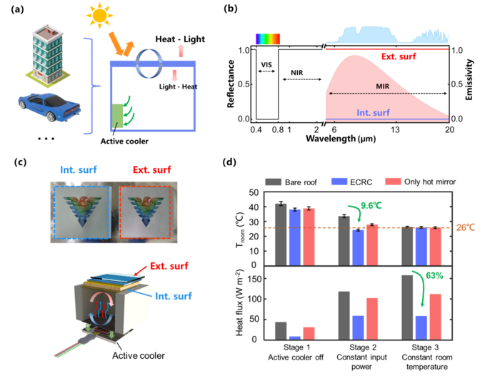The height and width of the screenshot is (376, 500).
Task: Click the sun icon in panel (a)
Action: click(100, 15)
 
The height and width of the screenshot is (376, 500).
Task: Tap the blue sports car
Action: click(49, 107)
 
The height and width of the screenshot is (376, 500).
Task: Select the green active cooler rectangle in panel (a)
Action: click(117, 116)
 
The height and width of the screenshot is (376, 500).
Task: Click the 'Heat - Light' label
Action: click(180, 39)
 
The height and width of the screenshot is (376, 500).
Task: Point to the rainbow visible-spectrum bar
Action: click(268, 39)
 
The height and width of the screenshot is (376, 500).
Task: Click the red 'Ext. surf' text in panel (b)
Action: click(399, 56)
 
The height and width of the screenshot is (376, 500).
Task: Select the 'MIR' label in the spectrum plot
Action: click(382, 86)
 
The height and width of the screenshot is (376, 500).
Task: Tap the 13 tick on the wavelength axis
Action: click(395, 129)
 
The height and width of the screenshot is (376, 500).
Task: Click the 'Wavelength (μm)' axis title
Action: click(341, 139)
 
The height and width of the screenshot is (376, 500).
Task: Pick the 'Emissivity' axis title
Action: click(469, 80)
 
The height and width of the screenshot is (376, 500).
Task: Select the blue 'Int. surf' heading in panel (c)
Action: click(79, 169)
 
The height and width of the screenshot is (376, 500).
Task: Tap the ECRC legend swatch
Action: click(339, 182)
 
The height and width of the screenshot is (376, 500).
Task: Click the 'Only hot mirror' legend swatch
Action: click(393, 182)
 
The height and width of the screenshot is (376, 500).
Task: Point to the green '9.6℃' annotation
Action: click(371, 206)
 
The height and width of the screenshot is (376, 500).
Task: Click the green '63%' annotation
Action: click(434, 275)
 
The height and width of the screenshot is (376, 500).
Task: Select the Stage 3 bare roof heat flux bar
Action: click(407, 307)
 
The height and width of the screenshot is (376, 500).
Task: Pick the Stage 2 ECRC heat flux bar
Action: click(358, 328)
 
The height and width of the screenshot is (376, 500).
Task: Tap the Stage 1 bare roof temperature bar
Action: click(281, 234)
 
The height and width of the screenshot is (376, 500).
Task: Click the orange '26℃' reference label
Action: click(466, 227)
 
